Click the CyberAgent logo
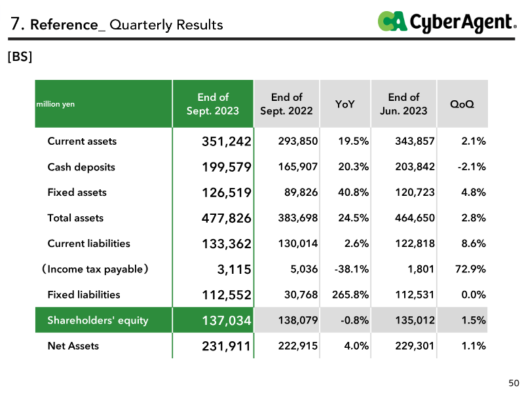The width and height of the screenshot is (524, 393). coord(447,22)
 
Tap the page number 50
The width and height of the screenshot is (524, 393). coord(514,383)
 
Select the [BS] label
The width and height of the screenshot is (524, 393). coord(20,56)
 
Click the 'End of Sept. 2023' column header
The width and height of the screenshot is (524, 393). coord(213,104)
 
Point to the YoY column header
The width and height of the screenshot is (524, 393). coord(345,104)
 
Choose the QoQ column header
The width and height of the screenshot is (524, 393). coord(462,104)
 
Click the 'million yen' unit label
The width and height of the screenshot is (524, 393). coord(56,104)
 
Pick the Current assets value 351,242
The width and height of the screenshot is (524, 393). coord(226,141)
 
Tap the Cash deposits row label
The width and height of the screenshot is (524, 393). coord(81,167)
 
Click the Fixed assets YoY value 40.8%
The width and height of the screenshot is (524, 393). coord(353,193)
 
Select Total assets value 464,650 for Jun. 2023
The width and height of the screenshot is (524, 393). coord(415,218)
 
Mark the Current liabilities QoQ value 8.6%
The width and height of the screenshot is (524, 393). coord(473,244)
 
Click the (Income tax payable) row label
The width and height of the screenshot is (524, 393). coord(95,269)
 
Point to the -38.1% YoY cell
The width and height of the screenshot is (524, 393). coord(352,269)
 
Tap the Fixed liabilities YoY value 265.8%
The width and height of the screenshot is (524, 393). coord(350,295)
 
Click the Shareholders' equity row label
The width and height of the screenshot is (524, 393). coord(98,320)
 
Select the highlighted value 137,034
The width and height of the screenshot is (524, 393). coord(226,320)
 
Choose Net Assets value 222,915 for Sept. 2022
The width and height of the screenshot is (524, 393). coord(298,346)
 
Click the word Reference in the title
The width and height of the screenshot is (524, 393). coord(64,25)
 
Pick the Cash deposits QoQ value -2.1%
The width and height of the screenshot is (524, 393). coord(472,167)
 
